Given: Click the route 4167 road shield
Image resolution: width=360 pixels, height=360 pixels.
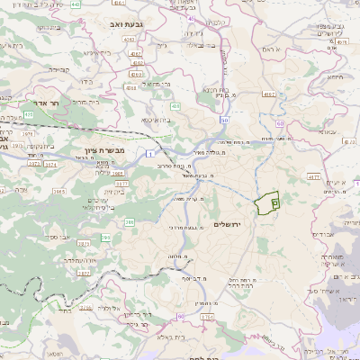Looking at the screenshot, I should click(x=268, y=93).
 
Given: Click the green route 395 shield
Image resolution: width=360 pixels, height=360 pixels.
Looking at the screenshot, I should click(x=107, y=238).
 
